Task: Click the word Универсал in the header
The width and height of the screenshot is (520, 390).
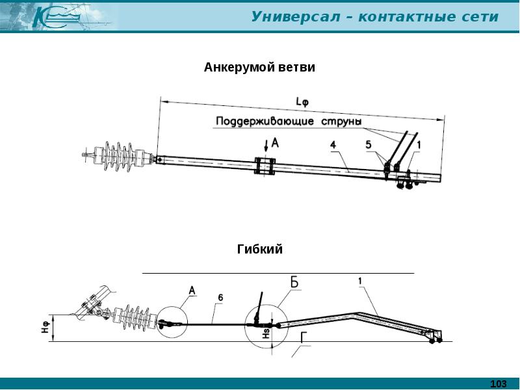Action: click(x=296, y=17)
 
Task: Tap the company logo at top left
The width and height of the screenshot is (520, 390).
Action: click(x=57, y=17)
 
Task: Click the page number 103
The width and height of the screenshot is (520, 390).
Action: click(x=499, y=384)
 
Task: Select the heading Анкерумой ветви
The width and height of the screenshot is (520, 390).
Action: click(x=259, y=68)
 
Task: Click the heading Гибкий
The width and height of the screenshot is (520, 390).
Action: click(x=259, y=249)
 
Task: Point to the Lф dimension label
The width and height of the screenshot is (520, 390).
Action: click(x=302, y=101)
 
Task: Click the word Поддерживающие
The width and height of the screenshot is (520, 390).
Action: click(x=265, y=121)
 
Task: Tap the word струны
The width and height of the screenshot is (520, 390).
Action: click(x=341, y=122)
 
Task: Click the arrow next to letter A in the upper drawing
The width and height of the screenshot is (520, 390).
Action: click(x=266, y=145)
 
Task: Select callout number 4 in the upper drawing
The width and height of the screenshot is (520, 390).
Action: click(x=333, y=144)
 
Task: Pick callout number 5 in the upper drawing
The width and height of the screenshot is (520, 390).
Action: click(x=369, y=144)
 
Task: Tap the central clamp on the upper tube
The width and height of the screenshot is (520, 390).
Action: click(x=265, y=166)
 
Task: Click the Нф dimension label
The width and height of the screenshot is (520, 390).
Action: click(x=46, y=328)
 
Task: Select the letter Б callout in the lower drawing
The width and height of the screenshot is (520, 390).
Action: click(x=294, y=282)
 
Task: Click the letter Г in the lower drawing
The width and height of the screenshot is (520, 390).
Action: click(x=304, y=337)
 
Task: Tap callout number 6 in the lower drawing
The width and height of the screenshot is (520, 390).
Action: click(x=220, y=298)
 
